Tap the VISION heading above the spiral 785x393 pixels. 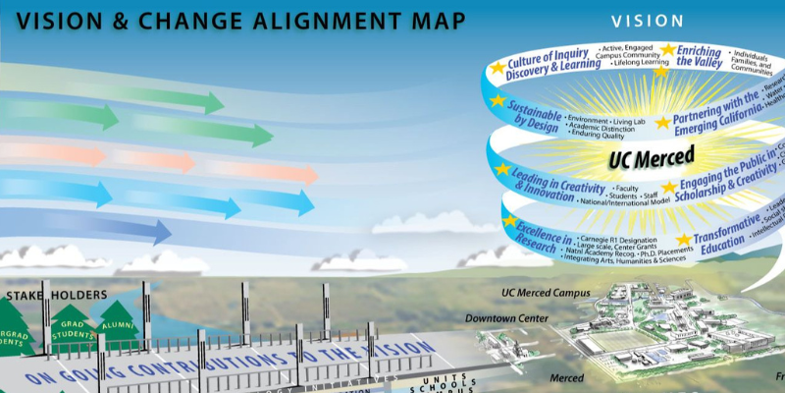click(x=647, y=21)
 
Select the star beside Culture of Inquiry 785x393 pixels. click(x=497, y=68)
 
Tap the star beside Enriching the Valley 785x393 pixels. click(x=668, y=50)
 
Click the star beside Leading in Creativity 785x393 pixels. click(x=502, y=169)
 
